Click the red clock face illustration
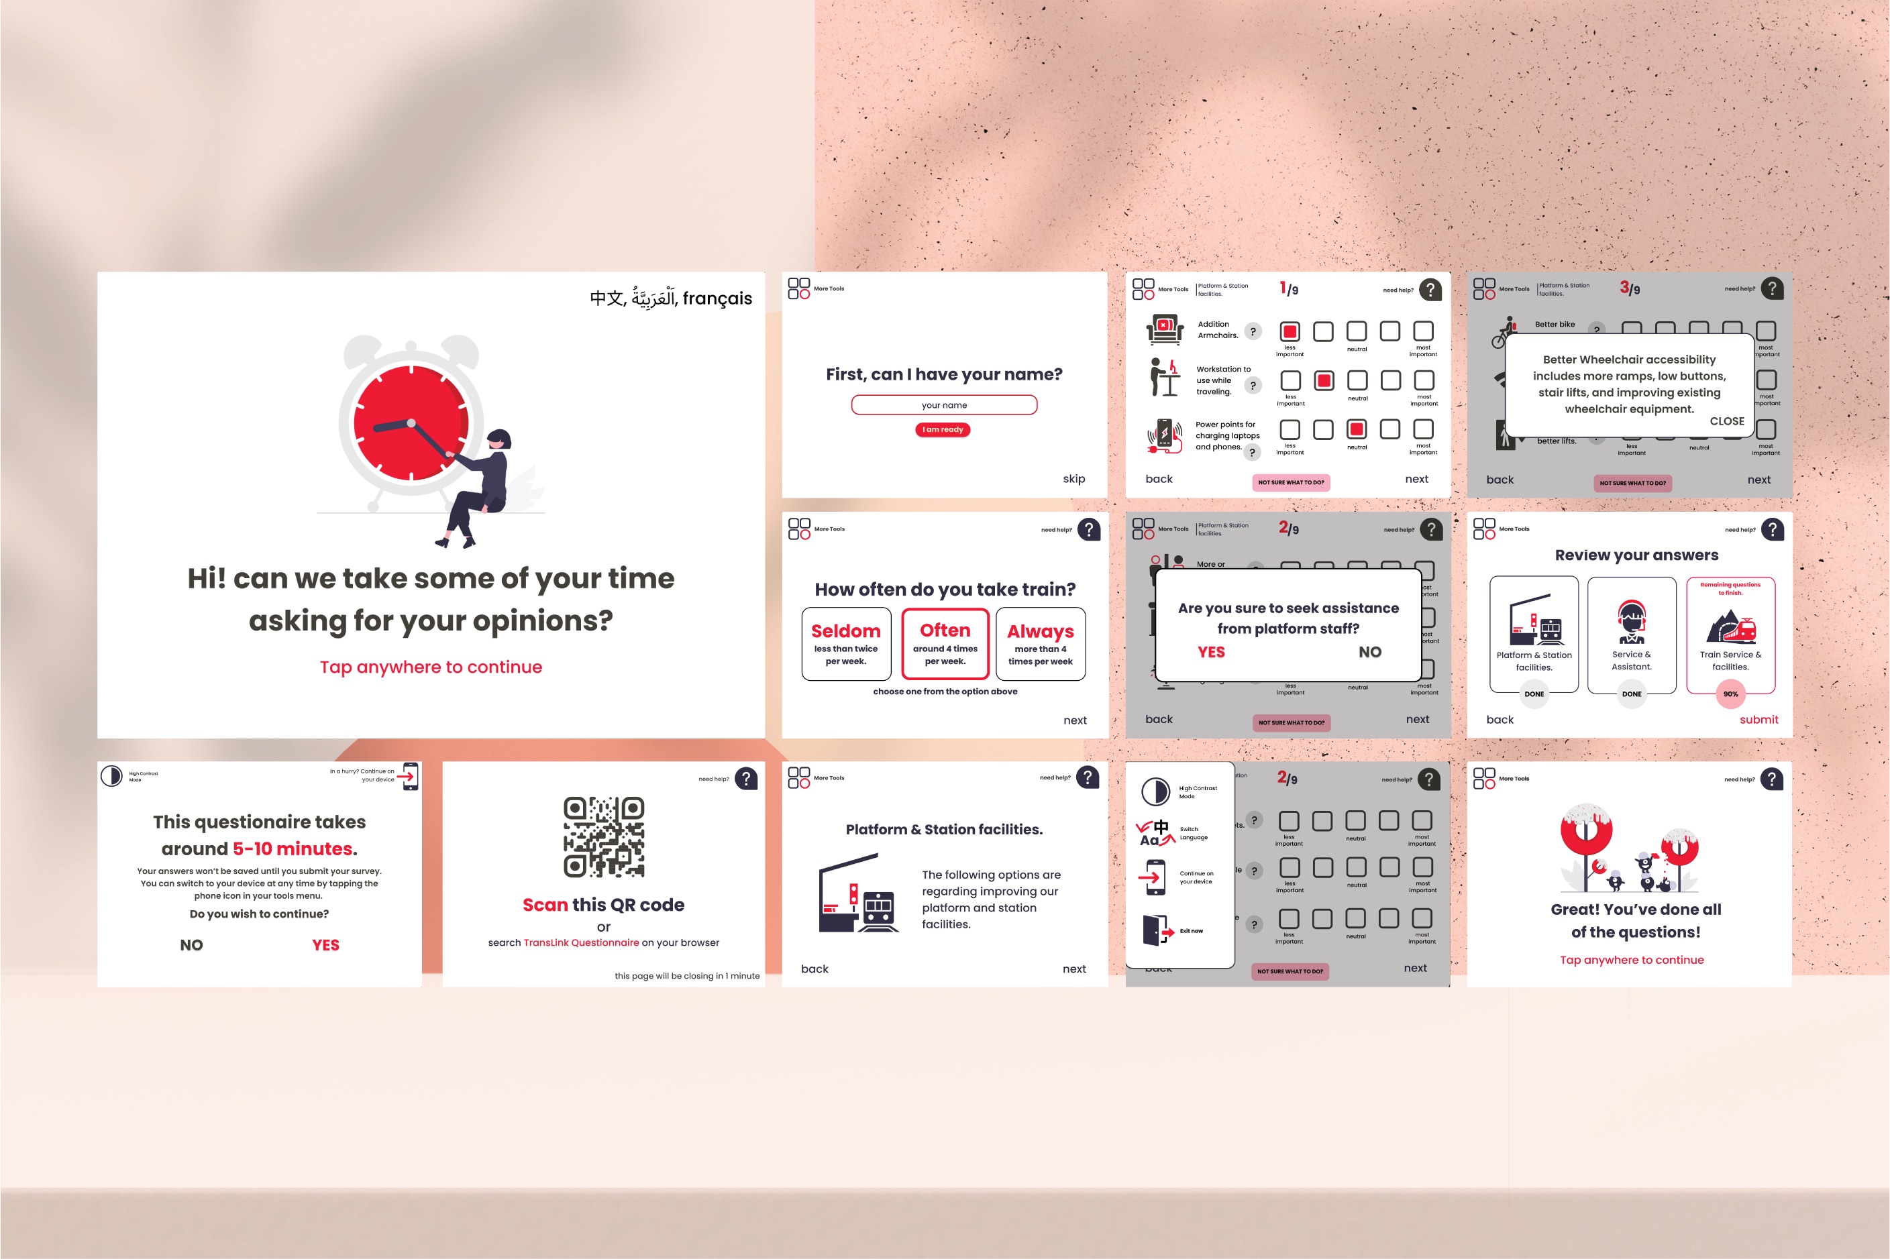click(411, 423)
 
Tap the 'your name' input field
click(943, 404)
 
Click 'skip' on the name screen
click(1073, 478)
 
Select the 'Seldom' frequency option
click(845, 644)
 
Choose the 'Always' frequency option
click(1040, 644)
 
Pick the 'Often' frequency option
click(945, 644)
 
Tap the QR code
click(604, 836)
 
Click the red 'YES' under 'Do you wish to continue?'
click(325, 945)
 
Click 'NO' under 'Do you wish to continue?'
click(191, 945)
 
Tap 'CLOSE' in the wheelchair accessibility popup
click(1726, 421)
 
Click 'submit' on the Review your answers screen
click(1758, 720)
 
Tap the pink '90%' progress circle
click(1730, 694)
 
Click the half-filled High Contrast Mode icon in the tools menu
click(1155, 791)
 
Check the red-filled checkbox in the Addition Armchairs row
click(1290, 331)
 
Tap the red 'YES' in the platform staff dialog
click(1211, 652)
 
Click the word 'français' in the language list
click(717, 298)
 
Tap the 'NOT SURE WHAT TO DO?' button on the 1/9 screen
click(1291, 482)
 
